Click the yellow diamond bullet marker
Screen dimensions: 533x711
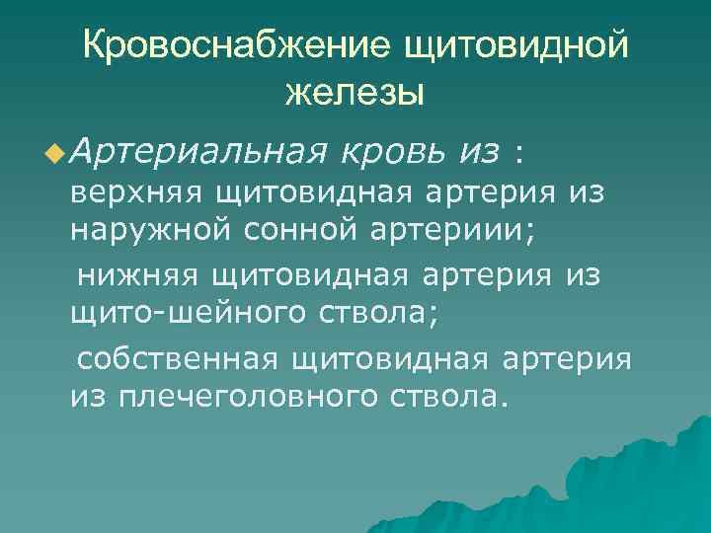click(52, 153)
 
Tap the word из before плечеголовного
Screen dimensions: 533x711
click(92, 397)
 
